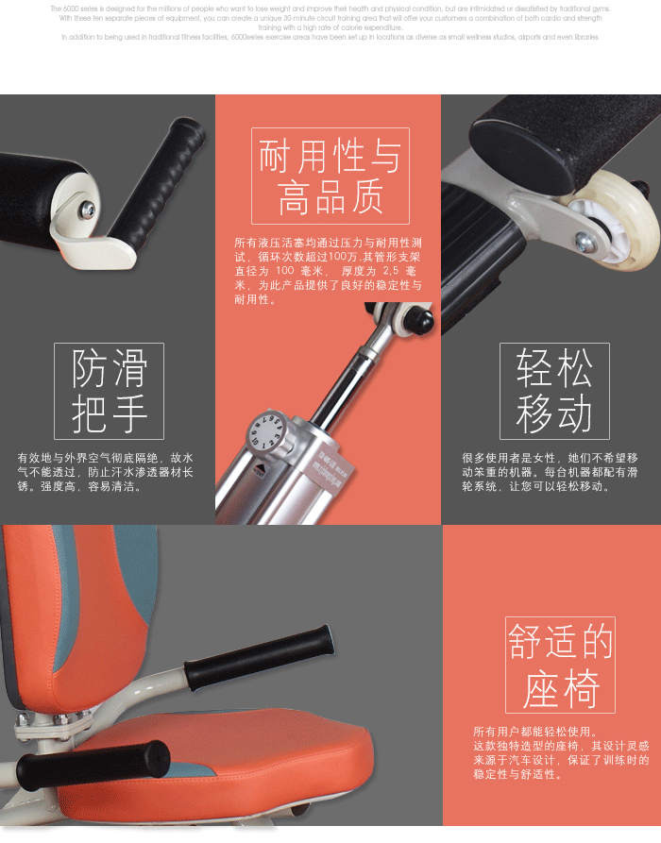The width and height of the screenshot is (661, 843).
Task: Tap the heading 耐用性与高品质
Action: click(x=330, y=177)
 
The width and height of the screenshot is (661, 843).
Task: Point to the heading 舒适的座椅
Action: click(x=560, y=666)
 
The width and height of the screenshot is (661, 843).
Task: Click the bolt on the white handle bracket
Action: click(x=88, y=209)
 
